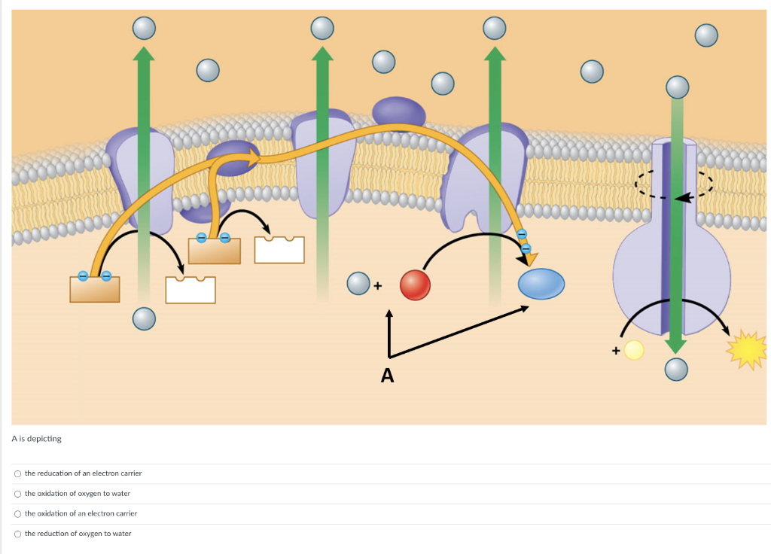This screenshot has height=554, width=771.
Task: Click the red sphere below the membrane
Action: point(415,285)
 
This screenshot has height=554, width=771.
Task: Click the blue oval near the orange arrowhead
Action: point(541,284)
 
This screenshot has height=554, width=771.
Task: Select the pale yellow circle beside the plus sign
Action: point(634,350)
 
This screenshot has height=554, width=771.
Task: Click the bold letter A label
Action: point(387,376)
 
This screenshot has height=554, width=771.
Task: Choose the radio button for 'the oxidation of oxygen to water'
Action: point(17,494)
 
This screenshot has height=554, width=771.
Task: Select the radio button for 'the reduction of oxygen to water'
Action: point(17,534)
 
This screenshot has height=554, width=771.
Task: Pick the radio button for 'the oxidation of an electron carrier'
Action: point(17,513)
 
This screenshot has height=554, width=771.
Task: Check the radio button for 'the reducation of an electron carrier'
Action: point(17,473)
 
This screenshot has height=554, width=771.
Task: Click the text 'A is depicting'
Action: point(36,438)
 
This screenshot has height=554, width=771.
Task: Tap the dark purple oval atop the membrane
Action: point(399,112)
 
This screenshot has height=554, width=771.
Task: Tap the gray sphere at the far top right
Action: point(706,35)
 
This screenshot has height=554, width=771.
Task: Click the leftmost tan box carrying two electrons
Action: point(94,288)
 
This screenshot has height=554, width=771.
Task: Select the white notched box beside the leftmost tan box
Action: point(190,290)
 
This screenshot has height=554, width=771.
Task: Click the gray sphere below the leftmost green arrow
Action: point(144,319)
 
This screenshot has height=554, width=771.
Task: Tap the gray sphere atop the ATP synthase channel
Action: point(678,87)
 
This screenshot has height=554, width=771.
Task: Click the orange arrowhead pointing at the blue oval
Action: point(530,258)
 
